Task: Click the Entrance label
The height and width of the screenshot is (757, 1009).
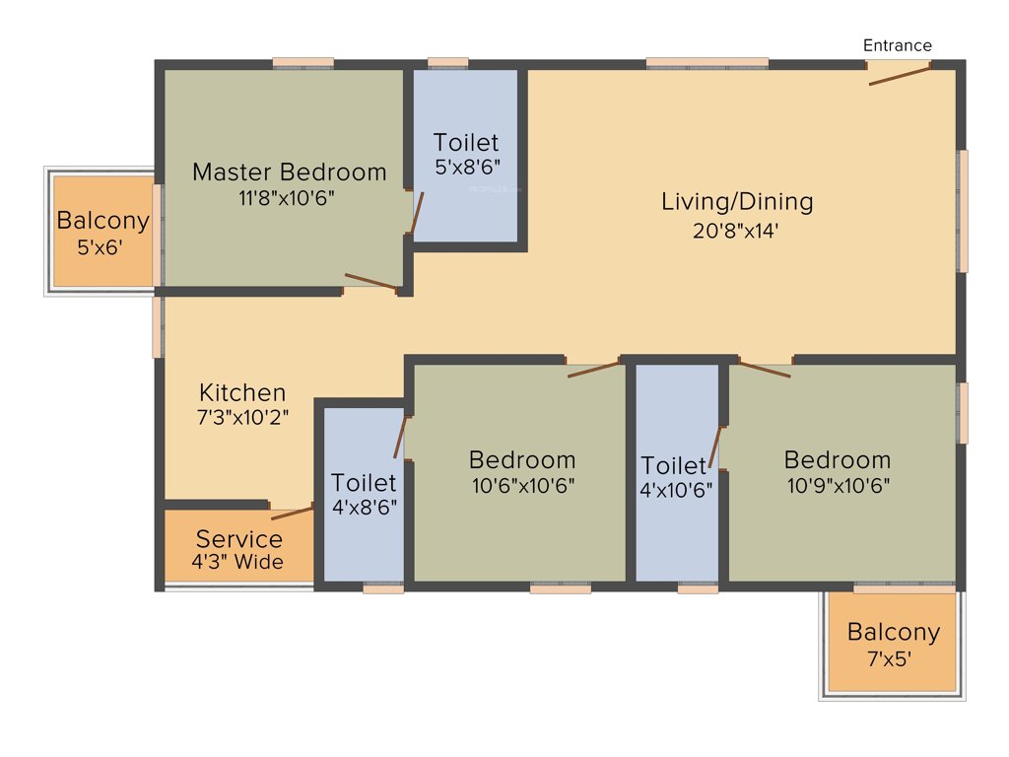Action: point(897,45)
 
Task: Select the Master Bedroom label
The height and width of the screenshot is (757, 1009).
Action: point(289,172)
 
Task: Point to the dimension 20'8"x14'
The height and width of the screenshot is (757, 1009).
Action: point(737,233)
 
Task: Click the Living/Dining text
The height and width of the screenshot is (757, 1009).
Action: point(737,202)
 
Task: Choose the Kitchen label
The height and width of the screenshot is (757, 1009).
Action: point(242,392)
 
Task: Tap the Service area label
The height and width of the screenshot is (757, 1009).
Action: point(238,539)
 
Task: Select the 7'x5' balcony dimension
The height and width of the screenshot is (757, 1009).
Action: point(892,658)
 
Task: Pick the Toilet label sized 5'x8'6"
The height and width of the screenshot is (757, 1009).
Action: point(466,143)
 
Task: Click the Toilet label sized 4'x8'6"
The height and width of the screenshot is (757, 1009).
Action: point(364,483)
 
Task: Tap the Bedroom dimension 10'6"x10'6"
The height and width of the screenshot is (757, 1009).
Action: point(521,485)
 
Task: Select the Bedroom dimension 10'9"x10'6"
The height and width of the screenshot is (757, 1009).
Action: point(837,485)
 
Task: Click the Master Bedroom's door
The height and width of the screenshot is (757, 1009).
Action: point(371,282)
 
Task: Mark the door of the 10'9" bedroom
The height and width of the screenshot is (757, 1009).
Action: point(765,370)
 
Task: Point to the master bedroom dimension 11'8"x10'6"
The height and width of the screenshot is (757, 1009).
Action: point(289,197)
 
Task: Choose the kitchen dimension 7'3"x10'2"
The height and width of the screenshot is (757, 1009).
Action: point(242,417)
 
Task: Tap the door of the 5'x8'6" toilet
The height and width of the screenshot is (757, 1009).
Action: point(417,213)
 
